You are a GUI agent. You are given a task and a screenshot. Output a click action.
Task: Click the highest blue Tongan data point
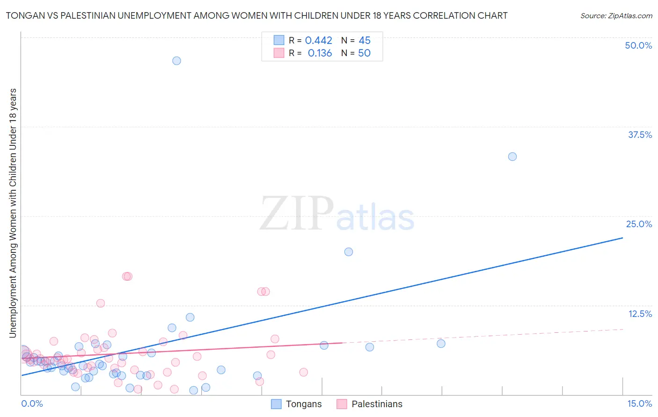176,61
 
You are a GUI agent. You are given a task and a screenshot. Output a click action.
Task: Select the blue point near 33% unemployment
512,157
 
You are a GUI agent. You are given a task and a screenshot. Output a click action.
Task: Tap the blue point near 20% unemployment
349,252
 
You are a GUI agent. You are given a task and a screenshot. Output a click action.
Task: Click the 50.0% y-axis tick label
638,45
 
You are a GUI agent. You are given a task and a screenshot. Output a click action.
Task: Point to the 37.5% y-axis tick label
640,135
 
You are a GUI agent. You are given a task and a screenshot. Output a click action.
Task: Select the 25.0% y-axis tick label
639,224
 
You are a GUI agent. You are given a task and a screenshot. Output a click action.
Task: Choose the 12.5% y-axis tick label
640,314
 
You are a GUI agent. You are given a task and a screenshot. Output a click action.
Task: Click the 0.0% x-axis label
32,404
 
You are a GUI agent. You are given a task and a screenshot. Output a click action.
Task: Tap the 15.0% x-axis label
639,404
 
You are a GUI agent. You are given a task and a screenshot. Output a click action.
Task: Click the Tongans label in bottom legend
304,404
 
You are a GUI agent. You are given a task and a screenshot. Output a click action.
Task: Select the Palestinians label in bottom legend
377,404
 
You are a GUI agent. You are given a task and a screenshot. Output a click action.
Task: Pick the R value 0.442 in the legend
319,41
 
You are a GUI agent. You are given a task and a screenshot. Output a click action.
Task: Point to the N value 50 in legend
364,53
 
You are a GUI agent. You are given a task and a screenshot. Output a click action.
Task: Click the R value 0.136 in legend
320,53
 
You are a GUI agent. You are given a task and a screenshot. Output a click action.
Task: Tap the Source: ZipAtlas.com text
616,16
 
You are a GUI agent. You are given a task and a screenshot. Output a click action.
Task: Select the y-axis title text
13,213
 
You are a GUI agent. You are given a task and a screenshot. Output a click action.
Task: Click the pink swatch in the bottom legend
342,404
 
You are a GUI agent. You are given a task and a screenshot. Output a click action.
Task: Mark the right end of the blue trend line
622,238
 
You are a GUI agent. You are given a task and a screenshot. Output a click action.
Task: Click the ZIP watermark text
297,214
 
